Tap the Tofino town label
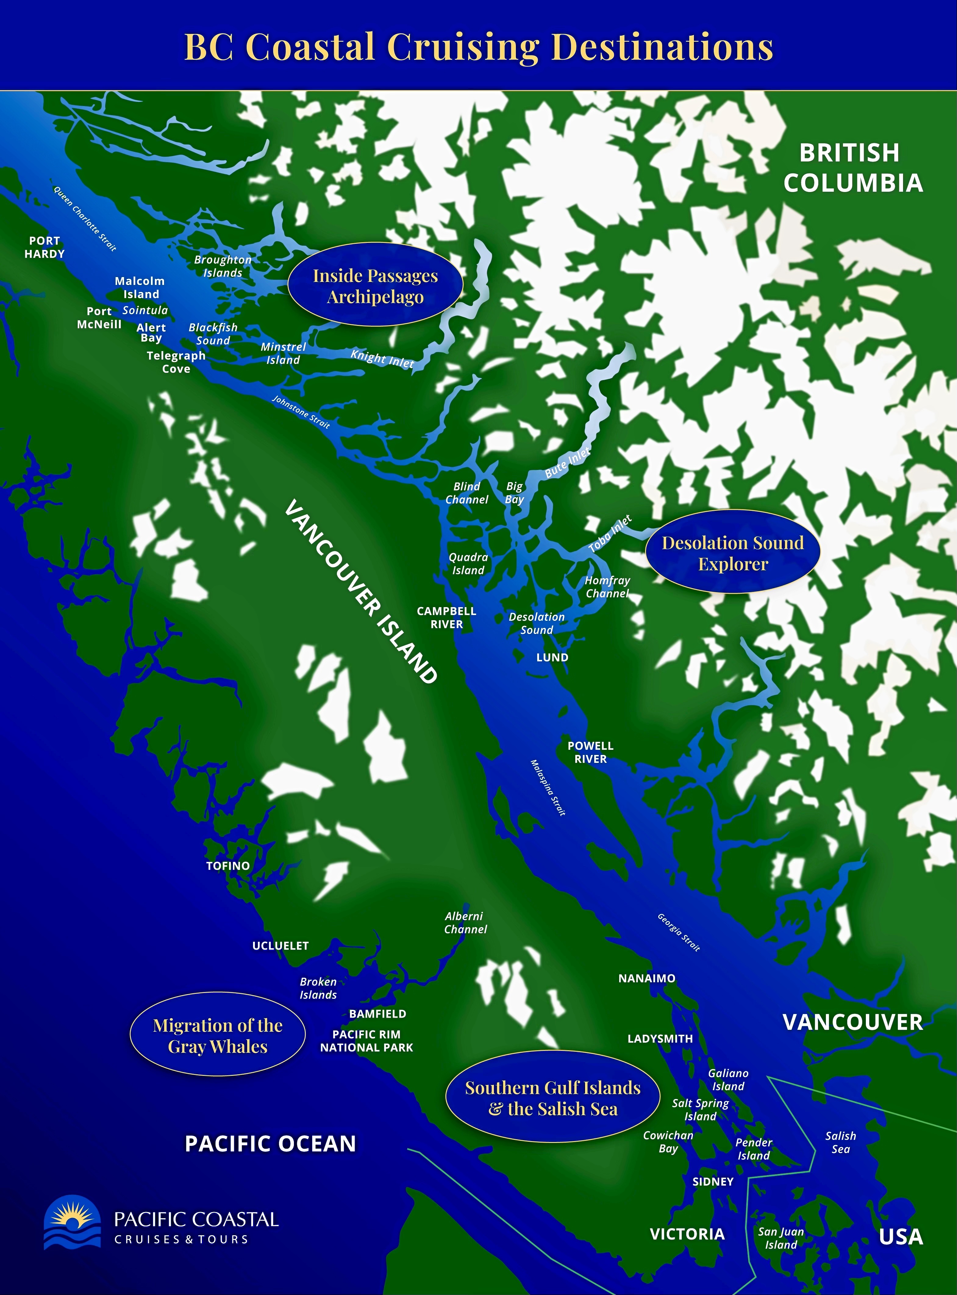(228, 866)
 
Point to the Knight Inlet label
(382, 359)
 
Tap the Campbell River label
(447, 617)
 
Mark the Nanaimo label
(647, 978)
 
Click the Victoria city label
(687, 1234)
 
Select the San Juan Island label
(781, 1238)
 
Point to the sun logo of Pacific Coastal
(73, 1222)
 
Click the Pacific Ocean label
(270, 1144)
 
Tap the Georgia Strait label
(678, 932)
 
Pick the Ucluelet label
(280, 946)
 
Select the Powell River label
(590, 752)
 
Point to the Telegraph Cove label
(176, 362)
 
